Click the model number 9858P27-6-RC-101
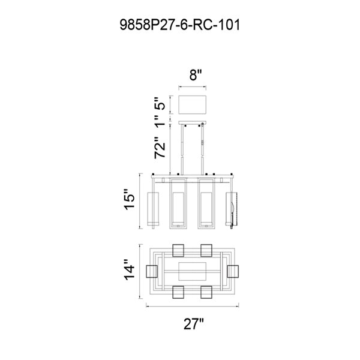point(180,25)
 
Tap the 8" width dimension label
point(195,75)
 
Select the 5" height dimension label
point(160,104)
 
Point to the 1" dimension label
point(160,121)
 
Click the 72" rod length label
point(160,148)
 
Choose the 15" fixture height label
point(129,200)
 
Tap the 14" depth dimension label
point(129,270)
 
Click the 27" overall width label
point(194,324)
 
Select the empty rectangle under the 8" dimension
point(193,104)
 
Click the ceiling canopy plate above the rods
point(193,123)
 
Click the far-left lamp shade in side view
point(153,208)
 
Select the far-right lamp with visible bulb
point(232,208)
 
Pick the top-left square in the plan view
point(178,250)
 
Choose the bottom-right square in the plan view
point(206,292)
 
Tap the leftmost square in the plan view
point(152,271)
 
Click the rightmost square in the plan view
point(233,271)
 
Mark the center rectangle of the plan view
point(193,271)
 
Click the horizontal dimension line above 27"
point(193,306)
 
